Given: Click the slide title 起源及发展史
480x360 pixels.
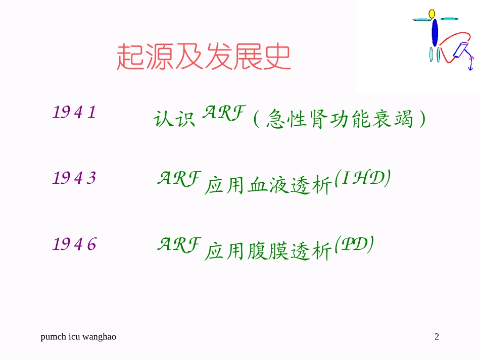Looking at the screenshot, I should click(x=204, y=57).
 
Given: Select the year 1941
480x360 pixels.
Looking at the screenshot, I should click(x=74, y=112).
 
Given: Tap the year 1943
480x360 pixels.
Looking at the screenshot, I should click(x=74, y=178).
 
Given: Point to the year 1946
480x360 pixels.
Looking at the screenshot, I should click(x=74, y=245).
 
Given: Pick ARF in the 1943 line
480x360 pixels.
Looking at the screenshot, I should click(x=179, y=178).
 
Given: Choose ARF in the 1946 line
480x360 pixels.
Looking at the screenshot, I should click(x=179, y=244).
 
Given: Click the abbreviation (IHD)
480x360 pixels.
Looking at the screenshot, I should click(x=362, y=179).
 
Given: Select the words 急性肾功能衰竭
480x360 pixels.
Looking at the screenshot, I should click(x=339, y=120).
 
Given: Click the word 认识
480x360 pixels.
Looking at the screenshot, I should click(x=174, y=120).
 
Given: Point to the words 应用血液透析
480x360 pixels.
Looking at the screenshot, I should click(x=268, y=186).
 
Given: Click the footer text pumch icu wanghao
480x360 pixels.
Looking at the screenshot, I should click(x=78, y=337).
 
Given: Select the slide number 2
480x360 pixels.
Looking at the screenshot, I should click(x=437, y=337).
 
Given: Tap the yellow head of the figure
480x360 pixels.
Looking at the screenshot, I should click(x=432, y=13).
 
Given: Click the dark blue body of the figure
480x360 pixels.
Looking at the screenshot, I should click(x=435, y=32).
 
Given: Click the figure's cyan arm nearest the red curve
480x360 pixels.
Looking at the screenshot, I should click(x=450, y=19).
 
